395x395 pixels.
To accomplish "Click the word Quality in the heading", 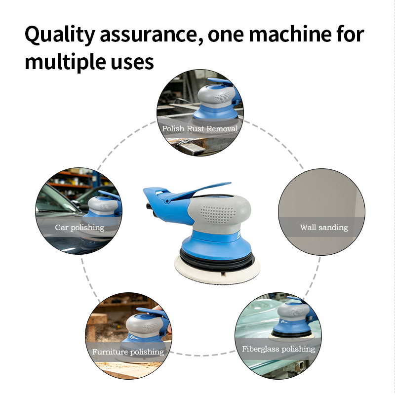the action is (60, 35).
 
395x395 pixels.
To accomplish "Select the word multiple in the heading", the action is (65, 62).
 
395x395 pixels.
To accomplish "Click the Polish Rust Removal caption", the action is (200, 128).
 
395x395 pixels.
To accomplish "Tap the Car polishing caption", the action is (79, 228).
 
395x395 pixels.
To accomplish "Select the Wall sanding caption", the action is (324, 228).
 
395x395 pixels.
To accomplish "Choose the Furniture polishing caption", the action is (128, 352).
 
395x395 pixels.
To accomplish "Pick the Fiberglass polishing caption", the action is (278, 349).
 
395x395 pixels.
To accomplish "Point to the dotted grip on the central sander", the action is (218, 215).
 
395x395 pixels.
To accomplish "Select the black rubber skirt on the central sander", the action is (217, 260).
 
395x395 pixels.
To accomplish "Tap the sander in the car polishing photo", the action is (104, 207).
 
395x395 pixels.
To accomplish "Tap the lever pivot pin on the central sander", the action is (166, 201).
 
